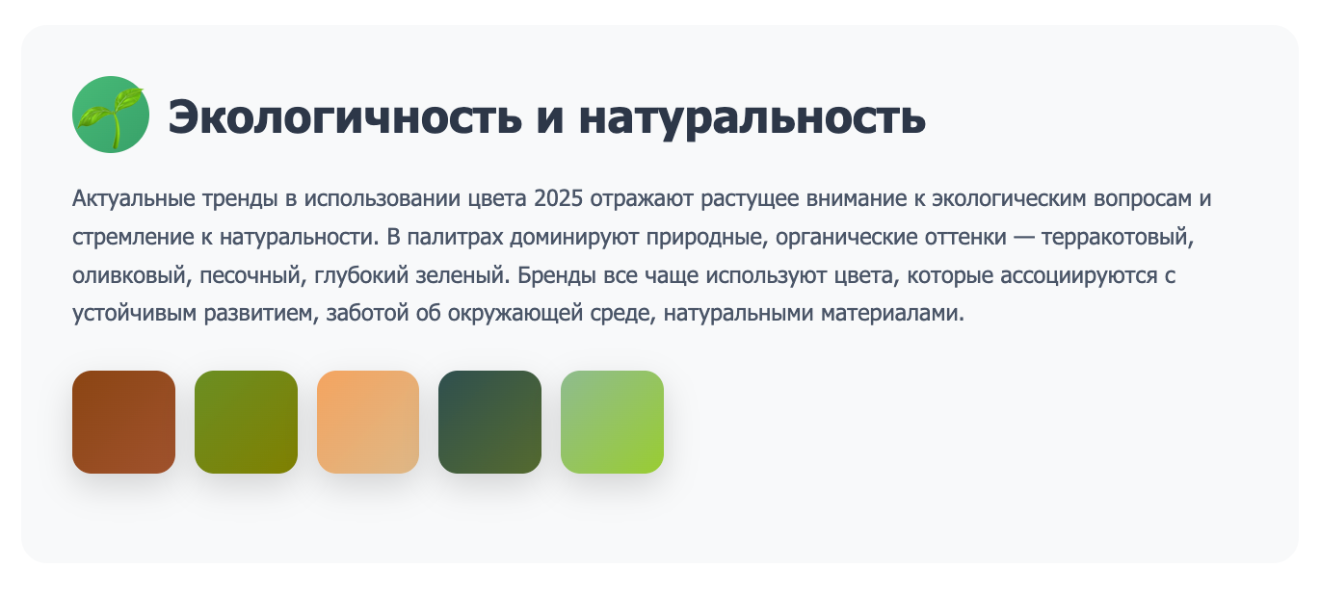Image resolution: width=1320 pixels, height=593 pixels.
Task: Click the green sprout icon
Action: (x=111, y=115)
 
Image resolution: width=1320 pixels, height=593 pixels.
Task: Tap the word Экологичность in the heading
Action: (x=345, y=116)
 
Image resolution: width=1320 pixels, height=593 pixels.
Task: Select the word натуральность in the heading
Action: (x=752, y=117)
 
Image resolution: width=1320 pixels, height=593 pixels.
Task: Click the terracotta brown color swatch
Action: (x=123, y=422)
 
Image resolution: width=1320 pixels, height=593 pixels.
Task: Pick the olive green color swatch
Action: (x=246, y=422)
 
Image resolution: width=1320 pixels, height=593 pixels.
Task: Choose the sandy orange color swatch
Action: (x=368, y=422)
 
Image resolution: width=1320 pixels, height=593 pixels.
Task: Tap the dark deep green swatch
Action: (x=489, y=422)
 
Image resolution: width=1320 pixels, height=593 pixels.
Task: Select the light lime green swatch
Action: (x=612, y=422)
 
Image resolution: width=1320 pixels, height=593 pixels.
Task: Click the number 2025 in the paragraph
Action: (x=558, y=198)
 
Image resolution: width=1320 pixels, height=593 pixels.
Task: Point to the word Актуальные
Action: (x=133, y=199)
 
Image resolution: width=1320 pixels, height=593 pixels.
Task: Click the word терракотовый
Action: (x=1118, y=238)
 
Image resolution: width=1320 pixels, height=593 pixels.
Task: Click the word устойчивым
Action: (x=134, y=313)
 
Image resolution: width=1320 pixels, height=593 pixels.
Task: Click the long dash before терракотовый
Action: (x=1024, y=238)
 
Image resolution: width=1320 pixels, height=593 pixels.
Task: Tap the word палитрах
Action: (x=455, y=238)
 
